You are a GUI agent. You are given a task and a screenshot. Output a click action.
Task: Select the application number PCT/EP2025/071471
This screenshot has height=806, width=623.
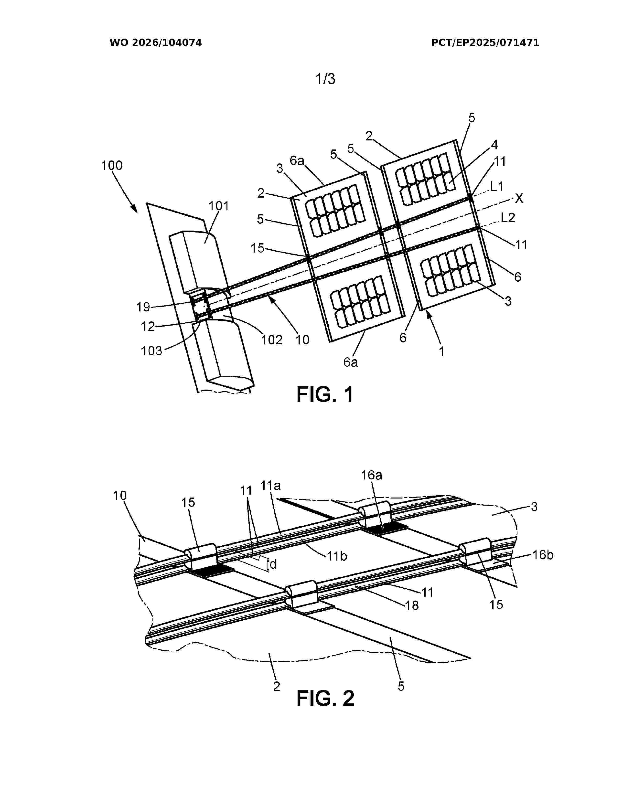coord(485,43)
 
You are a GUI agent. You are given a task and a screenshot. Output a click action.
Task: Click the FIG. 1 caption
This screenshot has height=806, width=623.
coord(325,394)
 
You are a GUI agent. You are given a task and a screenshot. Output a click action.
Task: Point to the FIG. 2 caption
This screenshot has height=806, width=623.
coord(325,698)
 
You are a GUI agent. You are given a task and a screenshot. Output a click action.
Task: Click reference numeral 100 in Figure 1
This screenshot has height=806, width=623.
coord(112,165)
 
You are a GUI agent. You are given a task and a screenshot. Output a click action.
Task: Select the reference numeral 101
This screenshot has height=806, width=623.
coord(219,206)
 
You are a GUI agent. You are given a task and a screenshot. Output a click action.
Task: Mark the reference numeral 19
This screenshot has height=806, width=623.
coord(143,307)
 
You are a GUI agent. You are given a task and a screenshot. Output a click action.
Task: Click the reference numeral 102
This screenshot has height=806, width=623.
coord(272,340)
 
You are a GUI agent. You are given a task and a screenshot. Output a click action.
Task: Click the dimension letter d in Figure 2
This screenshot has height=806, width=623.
coord(273,564)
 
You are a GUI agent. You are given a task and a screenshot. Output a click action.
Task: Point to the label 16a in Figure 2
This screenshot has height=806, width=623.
coord(372,475)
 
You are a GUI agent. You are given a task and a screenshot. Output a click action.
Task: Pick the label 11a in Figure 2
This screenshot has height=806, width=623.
coord(271,486)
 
